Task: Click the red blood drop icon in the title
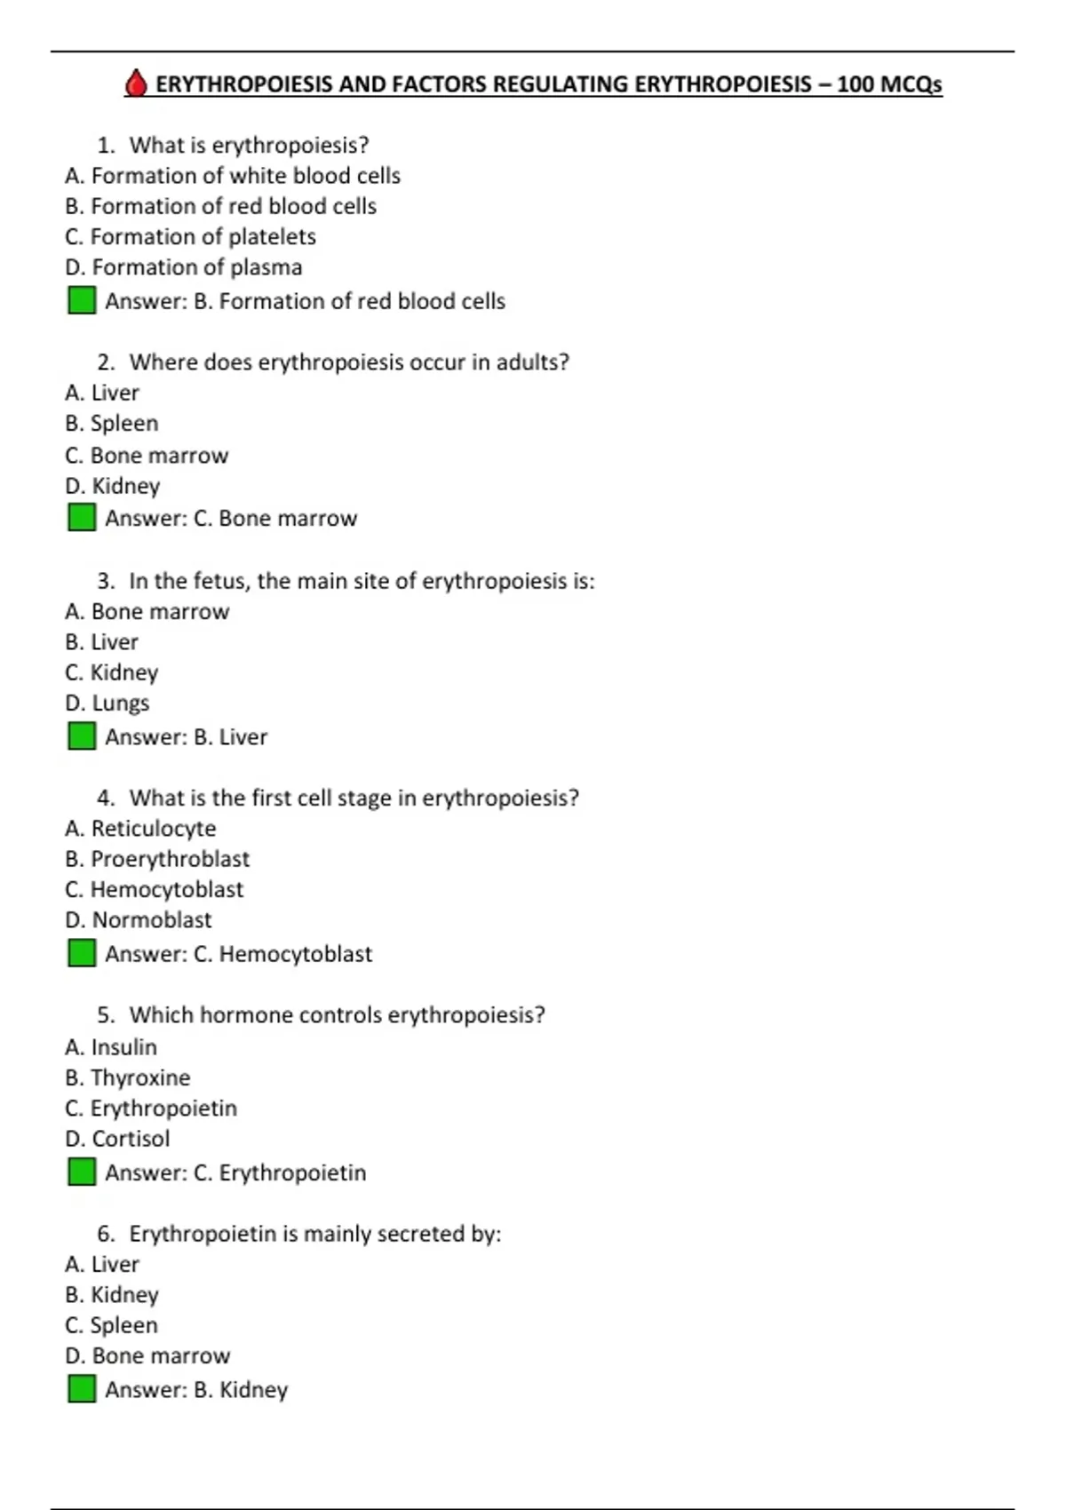point(135,83)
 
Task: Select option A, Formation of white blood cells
point(233,176)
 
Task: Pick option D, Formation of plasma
point(184,267)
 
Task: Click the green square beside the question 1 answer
point(82,300)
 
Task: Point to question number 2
point(107,362)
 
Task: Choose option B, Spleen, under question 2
point(112,424)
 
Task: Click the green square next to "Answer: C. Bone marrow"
point(82,517)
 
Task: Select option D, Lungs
point(107,703)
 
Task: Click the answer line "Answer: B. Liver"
point(186,737)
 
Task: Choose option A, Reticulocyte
point(140,829)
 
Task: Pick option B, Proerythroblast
point(157,859)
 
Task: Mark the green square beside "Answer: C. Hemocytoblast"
point(82,953)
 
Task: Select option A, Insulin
point(111,1047)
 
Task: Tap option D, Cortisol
point(117,1139)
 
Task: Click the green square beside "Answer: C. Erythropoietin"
point(82,1172)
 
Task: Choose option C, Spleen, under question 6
point(112,1325)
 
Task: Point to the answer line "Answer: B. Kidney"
point(196,1390)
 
